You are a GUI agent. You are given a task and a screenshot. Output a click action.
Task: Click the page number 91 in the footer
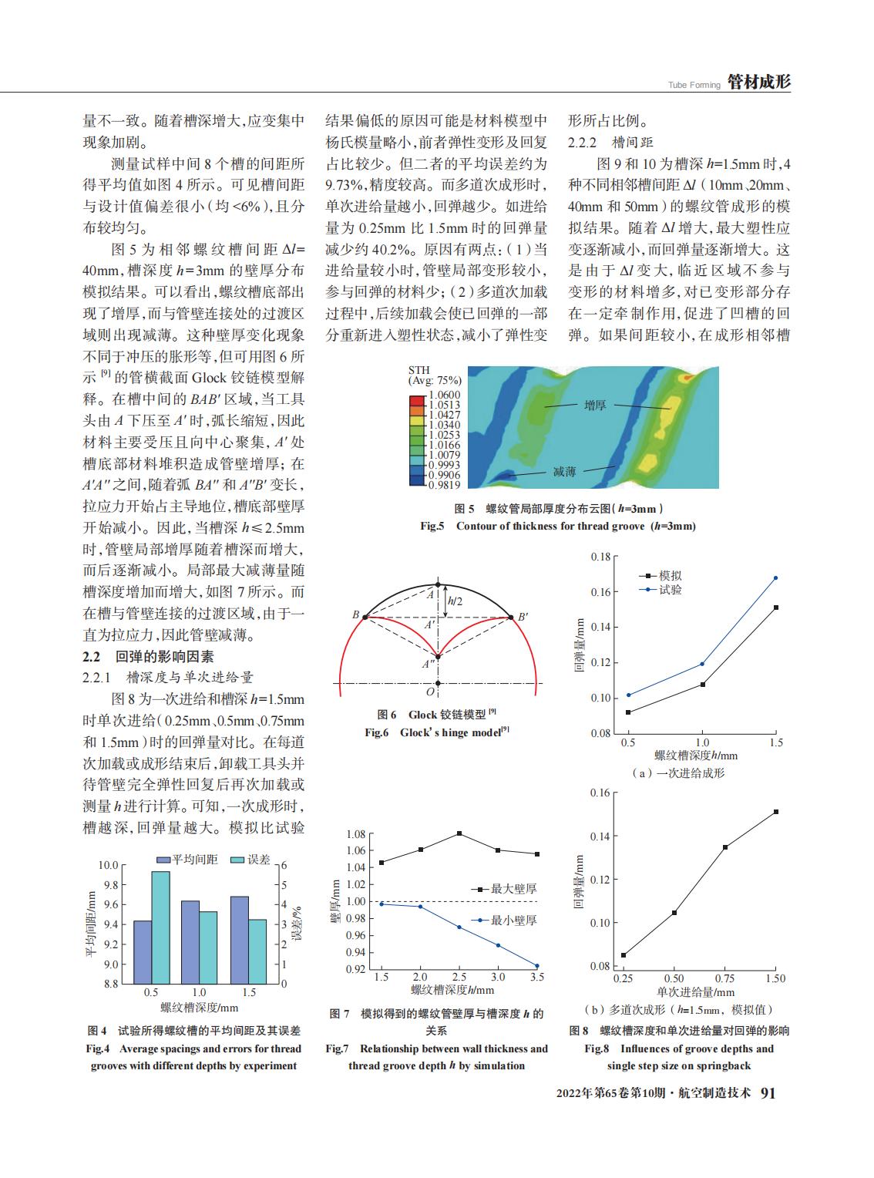coord(768,1094)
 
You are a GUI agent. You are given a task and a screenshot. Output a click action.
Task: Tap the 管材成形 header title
coord(759,82)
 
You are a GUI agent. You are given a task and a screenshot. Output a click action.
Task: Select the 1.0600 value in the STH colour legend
coord(445,395)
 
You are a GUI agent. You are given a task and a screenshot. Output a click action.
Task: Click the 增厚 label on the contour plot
coord(595,405)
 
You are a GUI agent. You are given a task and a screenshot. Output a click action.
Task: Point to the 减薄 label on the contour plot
coord(564,471)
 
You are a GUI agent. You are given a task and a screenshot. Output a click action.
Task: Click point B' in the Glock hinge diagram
coord(510,617)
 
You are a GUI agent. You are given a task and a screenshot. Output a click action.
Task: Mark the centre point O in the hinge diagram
coord(438,683)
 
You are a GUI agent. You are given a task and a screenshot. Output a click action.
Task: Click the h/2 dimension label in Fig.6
coord(455,601)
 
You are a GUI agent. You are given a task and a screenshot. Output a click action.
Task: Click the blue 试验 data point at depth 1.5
coord(775,577)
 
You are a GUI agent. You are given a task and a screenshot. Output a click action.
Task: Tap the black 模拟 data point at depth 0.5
coord(629,712)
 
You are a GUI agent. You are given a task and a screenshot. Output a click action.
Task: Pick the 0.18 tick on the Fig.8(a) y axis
coord(600,557)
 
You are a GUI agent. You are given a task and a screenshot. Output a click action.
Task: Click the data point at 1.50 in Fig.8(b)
coord(775,812)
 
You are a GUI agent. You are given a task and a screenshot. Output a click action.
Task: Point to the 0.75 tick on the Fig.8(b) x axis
coord(724,978)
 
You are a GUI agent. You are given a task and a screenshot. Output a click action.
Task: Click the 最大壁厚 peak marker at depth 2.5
coord(459,833)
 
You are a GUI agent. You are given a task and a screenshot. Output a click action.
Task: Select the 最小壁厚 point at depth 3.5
coord(537,966)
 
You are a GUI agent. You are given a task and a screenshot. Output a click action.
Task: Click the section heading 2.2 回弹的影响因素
coord(148,658)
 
